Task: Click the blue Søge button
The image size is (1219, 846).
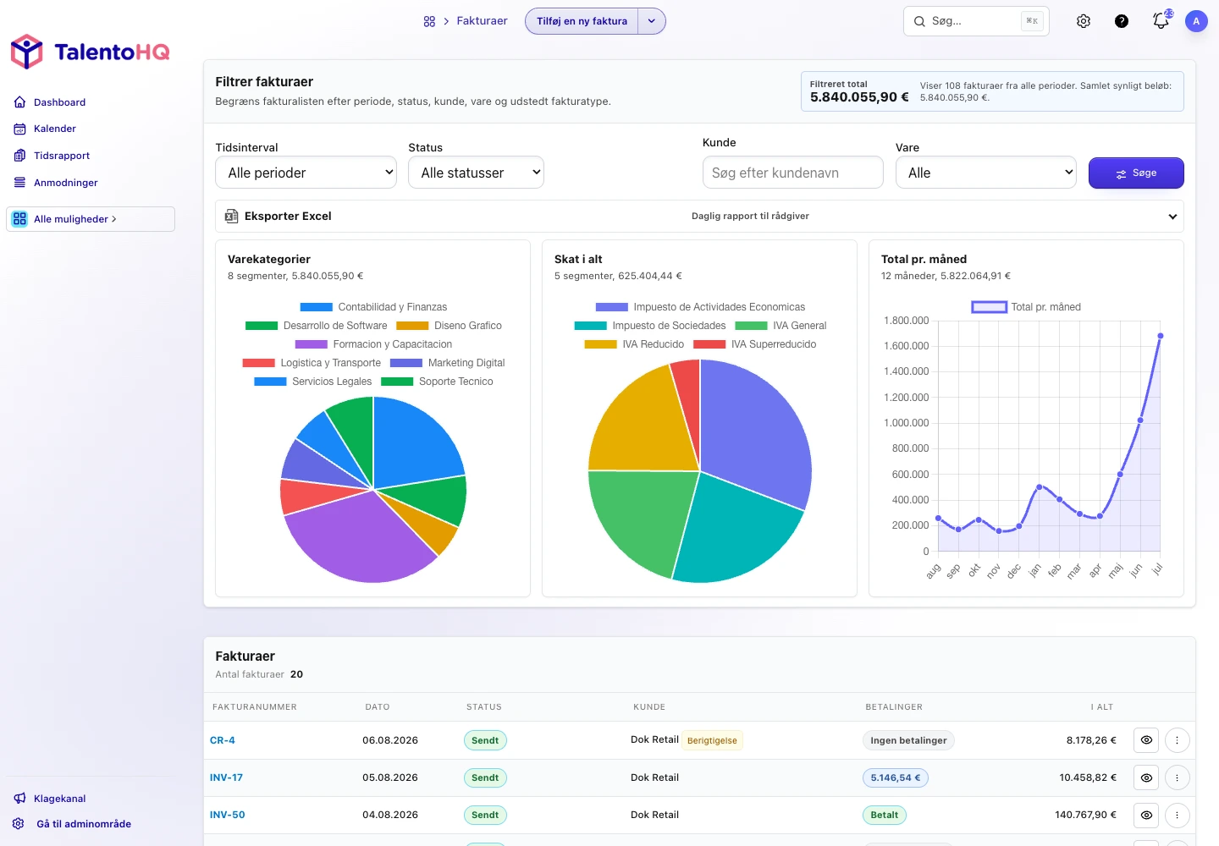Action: (x=1136, y=173)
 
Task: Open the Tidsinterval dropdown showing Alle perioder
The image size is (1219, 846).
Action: (x=306, y=173)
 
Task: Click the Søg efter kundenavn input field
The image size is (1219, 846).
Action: (x=792, y=173)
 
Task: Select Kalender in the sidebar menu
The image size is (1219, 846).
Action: (x=54, y=129)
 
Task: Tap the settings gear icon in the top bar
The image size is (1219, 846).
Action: (x=1083, y=21)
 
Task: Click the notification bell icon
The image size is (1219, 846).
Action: (x=1161, y=21)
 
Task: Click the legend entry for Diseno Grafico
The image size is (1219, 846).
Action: (x=449, y=326)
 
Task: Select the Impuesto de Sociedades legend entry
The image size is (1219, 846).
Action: (x=650, y=326)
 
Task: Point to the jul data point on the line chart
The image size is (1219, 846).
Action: (x=1161, y=336)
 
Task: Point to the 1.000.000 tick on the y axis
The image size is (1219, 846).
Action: (x=906, y=423)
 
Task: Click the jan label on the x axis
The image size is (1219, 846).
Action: (x=1034, y=569)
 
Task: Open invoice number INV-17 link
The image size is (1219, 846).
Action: (x=226, y=777)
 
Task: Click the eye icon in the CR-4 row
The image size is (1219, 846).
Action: (x=1146, y=740)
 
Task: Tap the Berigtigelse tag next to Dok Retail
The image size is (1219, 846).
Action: (x=712, y=740)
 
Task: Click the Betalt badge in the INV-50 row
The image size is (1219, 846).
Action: (x=884, y=815)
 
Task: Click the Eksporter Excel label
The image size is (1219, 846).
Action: (x=287, y=217)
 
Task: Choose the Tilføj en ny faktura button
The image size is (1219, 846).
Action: (x=582, y=21)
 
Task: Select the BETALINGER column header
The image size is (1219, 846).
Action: (x=894, y=706)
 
